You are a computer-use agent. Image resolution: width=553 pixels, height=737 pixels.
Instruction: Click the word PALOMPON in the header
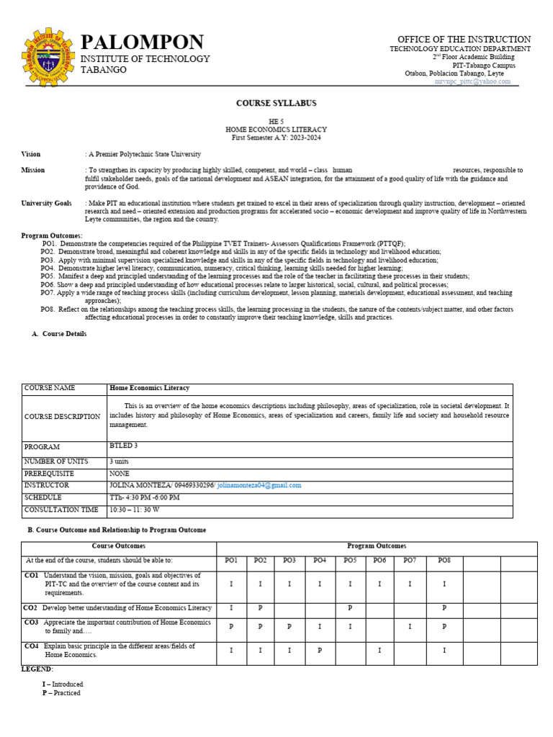[142, 42]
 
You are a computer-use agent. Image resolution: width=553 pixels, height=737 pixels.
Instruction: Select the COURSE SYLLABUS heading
[276, 104]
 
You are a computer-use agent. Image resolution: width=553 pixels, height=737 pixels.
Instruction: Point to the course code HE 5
[276, 122]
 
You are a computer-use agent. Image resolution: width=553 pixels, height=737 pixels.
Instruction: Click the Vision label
[31, 154]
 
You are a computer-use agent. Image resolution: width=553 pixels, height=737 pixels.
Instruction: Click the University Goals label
[46, 204]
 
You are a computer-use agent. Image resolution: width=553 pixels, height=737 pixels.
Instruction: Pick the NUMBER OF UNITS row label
[60, 461]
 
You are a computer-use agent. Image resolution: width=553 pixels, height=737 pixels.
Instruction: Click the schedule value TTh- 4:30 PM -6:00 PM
[145, 498]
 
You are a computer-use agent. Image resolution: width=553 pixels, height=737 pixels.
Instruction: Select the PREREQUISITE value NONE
[119, 474]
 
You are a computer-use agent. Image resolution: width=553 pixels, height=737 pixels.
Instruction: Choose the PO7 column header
[410, 560]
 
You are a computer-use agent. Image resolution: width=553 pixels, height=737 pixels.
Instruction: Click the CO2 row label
[31, 608]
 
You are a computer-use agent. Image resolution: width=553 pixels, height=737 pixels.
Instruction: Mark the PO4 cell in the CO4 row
[319, 651]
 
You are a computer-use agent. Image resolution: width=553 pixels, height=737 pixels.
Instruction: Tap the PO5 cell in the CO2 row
[349, 608]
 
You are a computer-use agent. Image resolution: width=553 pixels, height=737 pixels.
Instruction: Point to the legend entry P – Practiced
[61, 693]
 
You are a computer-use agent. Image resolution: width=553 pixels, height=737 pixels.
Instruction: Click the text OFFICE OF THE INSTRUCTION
[464, 39]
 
